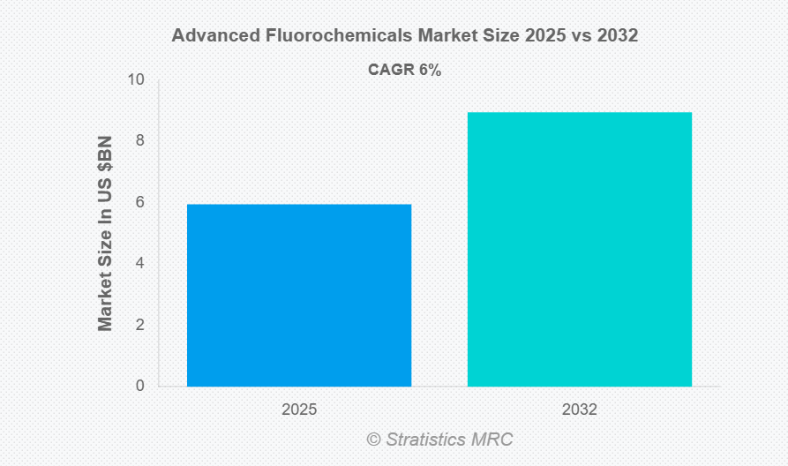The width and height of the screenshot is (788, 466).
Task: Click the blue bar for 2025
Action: pos(299,295)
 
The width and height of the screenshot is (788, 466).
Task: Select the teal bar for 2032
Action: pos(579,249)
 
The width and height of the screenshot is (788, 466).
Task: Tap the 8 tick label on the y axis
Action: pos(140,140)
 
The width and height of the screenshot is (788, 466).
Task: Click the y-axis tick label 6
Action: pos(140,202)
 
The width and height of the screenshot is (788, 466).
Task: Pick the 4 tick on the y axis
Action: pos(140,263)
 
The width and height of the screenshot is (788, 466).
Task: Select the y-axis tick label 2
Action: pos(140,325)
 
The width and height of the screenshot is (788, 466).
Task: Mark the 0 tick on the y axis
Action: pos(140,386)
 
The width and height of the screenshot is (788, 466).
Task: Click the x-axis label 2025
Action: pos(299,410)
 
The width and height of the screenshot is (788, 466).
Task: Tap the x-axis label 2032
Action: pos(579,410)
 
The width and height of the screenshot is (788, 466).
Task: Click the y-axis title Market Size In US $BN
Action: pos(106,233)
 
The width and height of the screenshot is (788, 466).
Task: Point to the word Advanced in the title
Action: pos(211,36)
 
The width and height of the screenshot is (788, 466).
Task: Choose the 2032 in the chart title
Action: pos(615,36)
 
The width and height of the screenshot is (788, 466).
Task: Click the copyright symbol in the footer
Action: pos(373,439)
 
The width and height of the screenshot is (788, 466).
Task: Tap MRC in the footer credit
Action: pos(493,439)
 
